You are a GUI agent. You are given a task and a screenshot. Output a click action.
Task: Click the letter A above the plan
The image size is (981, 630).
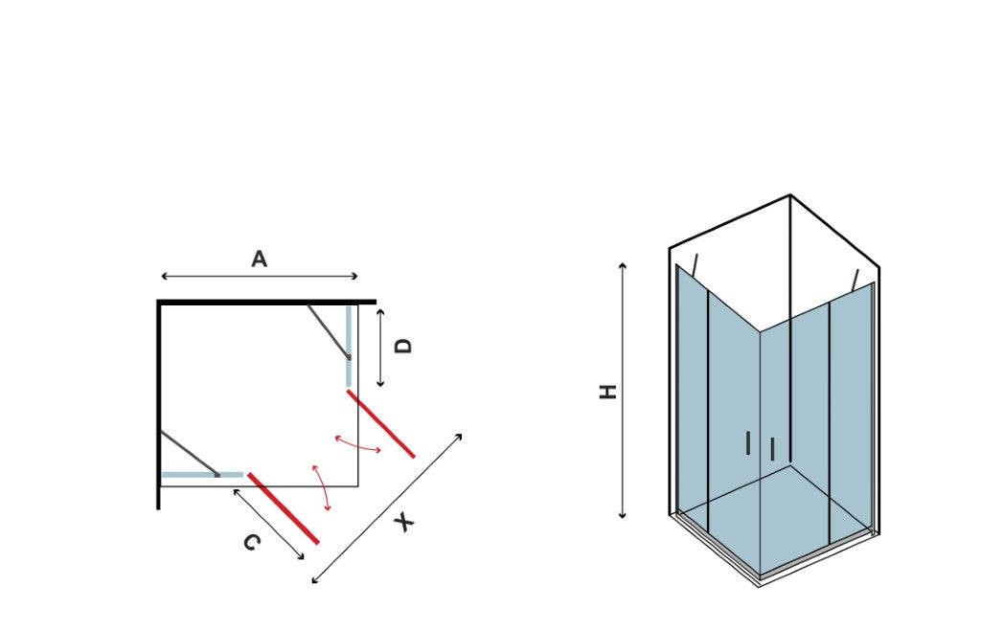click(259, 259)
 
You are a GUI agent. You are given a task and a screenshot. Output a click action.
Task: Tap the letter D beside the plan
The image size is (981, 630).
click(404, 346)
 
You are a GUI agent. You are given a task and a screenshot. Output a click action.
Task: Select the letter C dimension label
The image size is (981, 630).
click(252, 542)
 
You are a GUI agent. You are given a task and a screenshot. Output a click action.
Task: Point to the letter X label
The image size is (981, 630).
click(405, 522)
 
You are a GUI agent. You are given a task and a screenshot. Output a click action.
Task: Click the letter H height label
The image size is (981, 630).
click(608, 392)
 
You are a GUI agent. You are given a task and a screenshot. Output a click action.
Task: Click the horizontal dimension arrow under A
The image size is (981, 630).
click(259, 277)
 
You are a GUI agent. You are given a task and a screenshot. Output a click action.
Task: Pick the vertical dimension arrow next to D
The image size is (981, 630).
click(379, 348)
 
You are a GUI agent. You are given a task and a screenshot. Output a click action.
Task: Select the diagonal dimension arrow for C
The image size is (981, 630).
click(268, 525)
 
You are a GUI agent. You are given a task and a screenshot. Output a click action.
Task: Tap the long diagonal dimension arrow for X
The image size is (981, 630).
click(387, 508)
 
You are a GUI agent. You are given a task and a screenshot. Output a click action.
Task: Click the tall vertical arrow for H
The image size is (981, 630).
click(622, 392)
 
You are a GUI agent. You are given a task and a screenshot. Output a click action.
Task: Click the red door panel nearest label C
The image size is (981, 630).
click(284, 508)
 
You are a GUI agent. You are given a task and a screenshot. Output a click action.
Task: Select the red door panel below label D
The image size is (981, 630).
click(381, 424)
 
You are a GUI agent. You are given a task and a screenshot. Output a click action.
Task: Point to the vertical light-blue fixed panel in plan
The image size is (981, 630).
click(349, 347)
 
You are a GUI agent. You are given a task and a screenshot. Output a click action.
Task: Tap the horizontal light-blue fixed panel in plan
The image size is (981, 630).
click(202, 475)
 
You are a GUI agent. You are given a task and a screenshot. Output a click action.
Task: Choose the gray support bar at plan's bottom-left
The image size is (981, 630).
click(190, 454)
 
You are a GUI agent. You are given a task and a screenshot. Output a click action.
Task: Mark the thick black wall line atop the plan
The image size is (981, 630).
click(266, 303)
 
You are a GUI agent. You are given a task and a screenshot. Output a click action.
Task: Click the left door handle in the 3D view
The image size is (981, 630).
click(748, 442)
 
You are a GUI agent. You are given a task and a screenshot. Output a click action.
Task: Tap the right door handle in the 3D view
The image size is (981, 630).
click(773, 449)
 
